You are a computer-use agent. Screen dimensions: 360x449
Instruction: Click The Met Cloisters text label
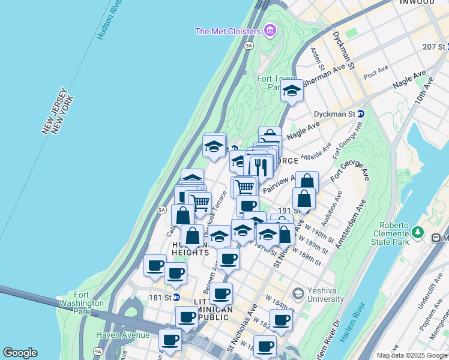[228, 31]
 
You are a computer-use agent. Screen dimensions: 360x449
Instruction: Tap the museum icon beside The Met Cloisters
[270, 30]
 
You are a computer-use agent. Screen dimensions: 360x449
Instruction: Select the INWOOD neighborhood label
[418, 2]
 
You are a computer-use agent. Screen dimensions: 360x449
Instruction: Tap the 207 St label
[435, 46]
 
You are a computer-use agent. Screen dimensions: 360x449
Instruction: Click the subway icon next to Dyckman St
[361, 113]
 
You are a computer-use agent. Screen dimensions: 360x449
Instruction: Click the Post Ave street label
[376, 72]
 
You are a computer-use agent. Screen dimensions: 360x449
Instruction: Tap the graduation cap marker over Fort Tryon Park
[292, 91]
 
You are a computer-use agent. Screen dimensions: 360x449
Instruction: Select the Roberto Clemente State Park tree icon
[418, 232]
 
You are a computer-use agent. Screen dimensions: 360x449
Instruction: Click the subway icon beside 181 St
[177, 297]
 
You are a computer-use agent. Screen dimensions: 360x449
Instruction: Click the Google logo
[20, 353]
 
